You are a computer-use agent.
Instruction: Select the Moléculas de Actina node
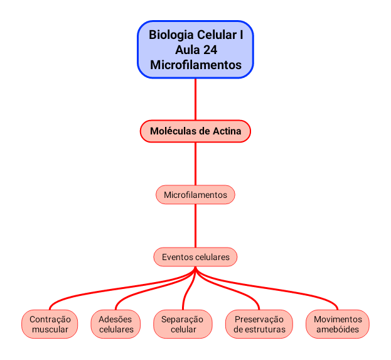click(x=195, y=131)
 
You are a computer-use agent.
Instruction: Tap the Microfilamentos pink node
click(x=195, y=195)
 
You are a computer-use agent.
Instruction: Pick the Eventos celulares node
click(x=195, y=257)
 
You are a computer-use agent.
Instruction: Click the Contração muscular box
click(x=50, y=324)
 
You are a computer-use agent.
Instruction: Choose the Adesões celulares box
click(x=116, y=324)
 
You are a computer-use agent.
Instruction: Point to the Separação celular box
click(x=183, y=324)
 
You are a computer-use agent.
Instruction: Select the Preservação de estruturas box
click(x=259, y=324)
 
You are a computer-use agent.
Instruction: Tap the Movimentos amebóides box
click(x=338, y=324)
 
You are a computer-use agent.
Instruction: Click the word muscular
click(x=50, y=329)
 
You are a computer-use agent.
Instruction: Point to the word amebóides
click(x=338, y=329)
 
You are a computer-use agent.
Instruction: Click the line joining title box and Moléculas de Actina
click(x=195, y=99)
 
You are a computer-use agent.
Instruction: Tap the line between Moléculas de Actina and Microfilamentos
click(x=195, y=165)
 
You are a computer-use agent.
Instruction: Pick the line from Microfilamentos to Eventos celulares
click(x=195, y=226)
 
